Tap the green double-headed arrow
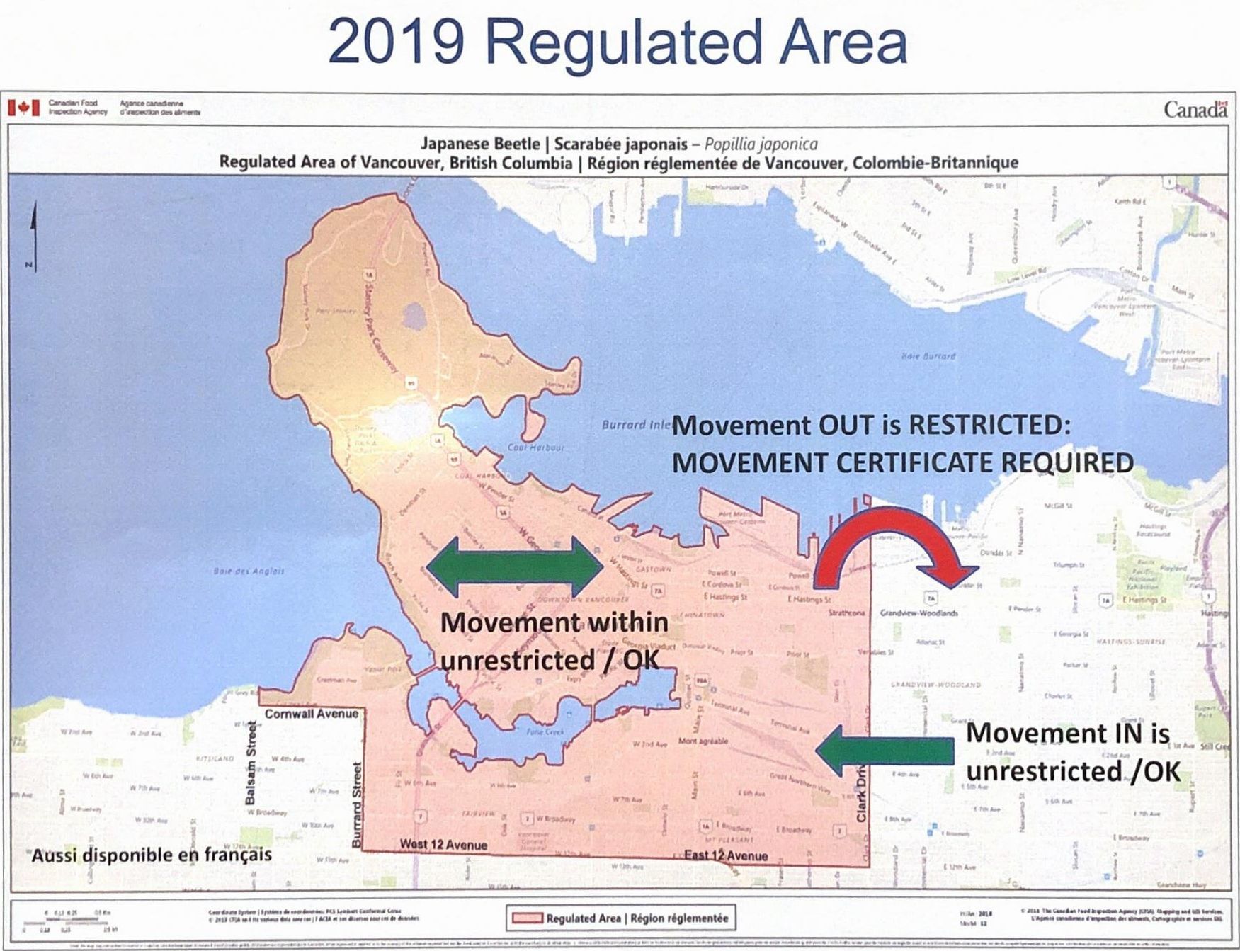(x=515, y=566)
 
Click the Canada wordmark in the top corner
(x=1195, y=110)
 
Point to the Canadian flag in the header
(x=23, y=108)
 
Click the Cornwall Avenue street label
(x=312, y=714)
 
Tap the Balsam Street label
(x=250, y=763)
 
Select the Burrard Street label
(x=357, y=804)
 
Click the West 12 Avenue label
(x=443, y=844)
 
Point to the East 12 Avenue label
(x=725, y=855)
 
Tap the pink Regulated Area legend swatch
(x=525, y=918)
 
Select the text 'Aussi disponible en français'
(x=151, y=855)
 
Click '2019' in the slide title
(x=397, y=42)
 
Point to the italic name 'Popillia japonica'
(x=761, y=144)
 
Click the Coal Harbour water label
(x=536, y=448)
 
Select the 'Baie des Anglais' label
(x=249, y=571)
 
